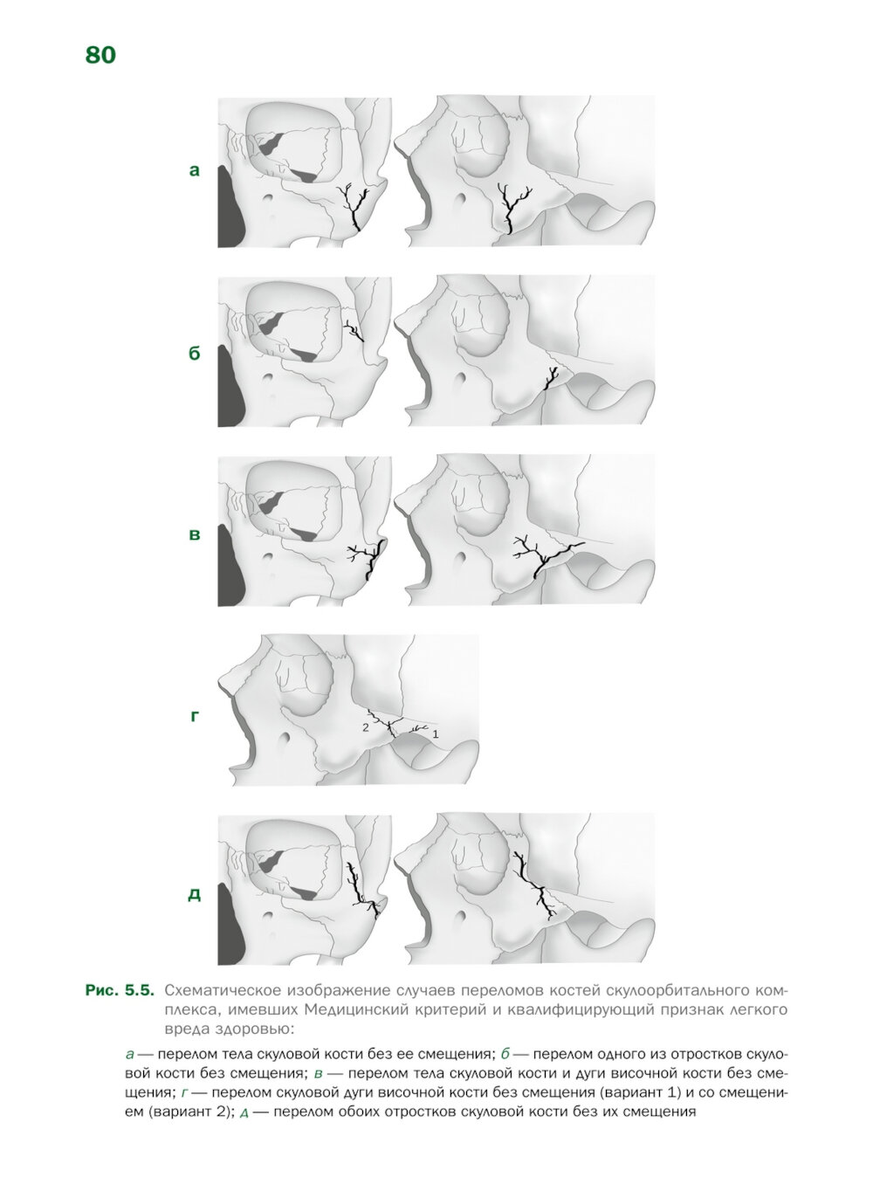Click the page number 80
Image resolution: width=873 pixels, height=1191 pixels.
100,55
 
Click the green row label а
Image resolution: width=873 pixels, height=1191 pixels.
195,170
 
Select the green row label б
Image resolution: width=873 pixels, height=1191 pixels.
195,353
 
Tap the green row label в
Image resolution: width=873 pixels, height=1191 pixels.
195,534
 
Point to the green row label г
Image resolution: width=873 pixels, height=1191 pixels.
195,716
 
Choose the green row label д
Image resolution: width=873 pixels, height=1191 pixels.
195,895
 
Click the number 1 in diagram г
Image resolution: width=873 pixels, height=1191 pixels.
436,734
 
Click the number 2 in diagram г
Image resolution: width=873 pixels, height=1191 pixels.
365,728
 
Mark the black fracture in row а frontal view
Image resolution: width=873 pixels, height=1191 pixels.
355,206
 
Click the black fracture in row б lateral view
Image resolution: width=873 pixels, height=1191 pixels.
552,378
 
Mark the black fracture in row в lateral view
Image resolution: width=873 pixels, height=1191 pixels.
547,557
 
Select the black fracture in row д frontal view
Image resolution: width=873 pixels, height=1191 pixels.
361,892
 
